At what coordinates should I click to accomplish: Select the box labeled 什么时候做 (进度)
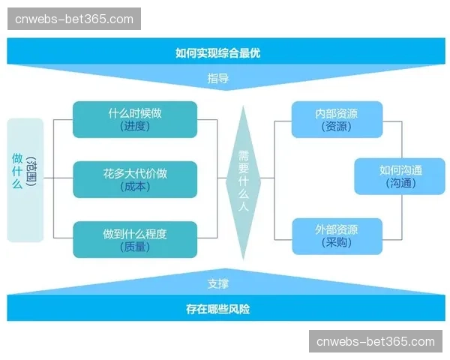[135, 119]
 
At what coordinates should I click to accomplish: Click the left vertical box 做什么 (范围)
[25, 180]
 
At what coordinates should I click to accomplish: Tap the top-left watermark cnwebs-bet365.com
[74, 19]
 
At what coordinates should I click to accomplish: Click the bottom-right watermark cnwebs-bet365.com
[376, 342]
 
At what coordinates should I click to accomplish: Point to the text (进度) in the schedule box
[135, 127]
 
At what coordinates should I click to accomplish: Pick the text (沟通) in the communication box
[400, 183]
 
